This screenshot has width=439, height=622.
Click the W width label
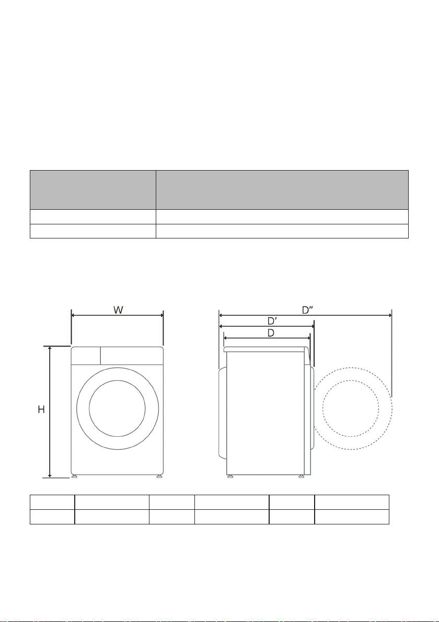[118, 310]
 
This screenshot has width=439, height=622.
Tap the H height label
[41, 410]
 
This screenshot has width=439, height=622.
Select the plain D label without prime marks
[271, 333]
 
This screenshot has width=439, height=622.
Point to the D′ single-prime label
[272, 321]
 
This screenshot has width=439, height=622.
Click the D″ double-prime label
[308, 310]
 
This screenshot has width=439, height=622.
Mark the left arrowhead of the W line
[74, 315]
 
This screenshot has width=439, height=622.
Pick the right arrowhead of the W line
[161, 315]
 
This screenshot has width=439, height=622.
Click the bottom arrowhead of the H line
[50, 475]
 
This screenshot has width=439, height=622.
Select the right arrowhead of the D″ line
[389, 315]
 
